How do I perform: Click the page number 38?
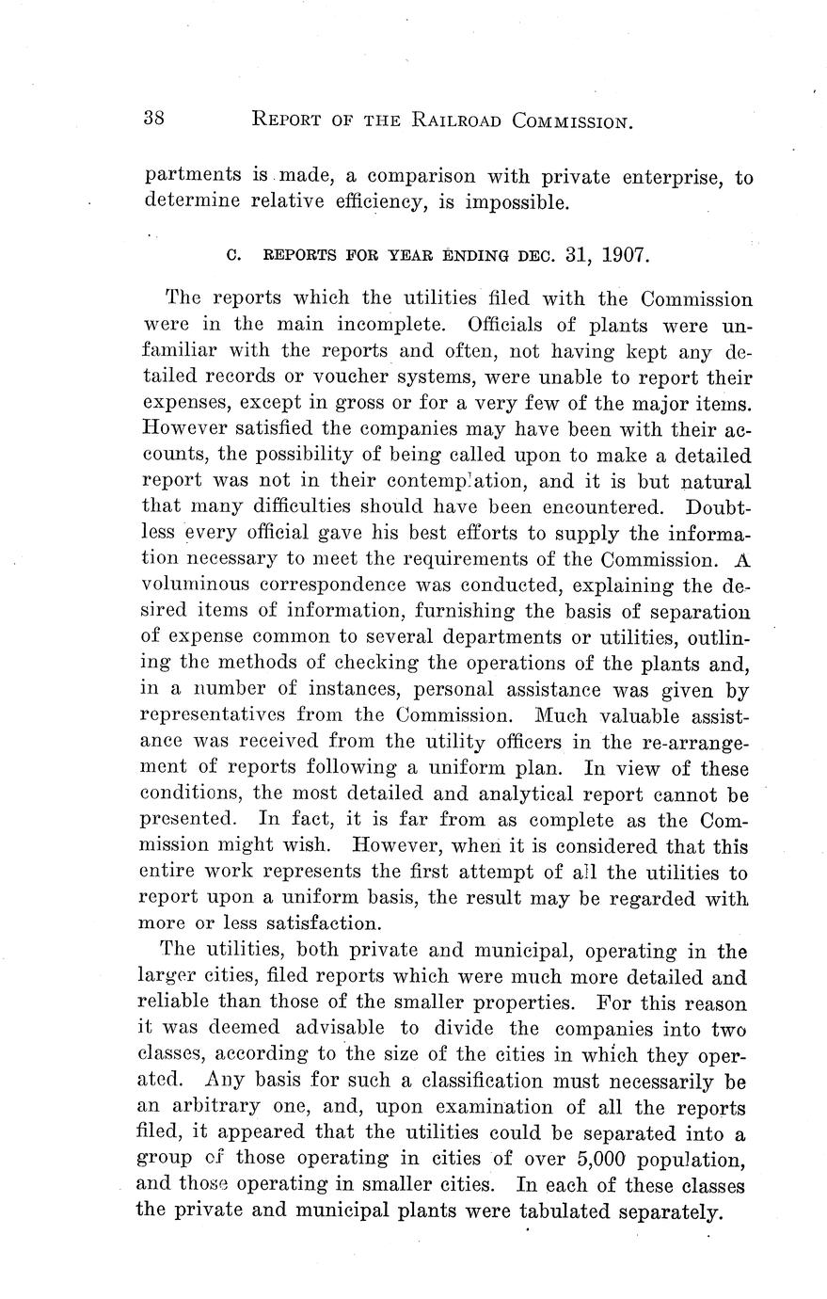coord(155,119)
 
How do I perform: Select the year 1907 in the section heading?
coord(625,255)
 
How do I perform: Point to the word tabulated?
coord(565,1211)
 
